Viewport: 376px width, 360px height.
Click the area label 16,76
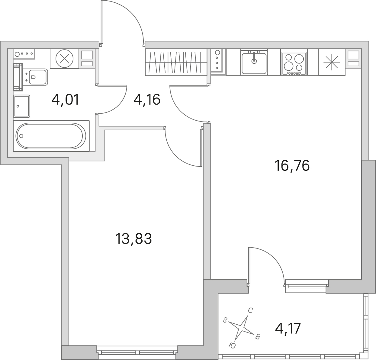pyautogui.click(x=292, y=166)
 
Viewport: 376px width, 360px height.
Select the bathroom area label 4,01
pyautogui.click(x=65, y=99)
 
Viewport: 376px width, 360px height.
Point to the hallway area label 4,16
pyautogui.click(x=147, y=99)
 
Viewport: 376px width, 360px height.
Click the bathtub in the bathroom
pyautogui.click(x=51, y=136)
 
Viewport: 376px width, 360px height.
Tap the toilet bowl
pyautogui.click(x=38, y=77)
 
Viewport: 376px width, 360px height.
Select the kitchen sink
pyautogui.click(x=254, y=62)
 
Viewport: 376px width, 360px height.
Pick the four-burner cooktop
pyautogui.click(x=294, y=63)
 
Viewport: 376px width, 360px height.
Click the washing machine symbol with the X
pyautogui.click(x=64, y=58)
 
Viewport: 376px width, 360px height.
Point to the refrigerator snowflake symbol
pyautogui.click(x=332, y=62)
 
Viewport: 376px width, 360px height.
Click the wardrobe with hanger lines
pyautogui.click(x=176, y=62)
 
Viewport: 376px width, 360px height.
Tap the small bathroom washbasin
pyautogui.click(x=22, y=106)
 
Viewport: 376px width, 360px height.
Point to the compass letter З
pyautogui.click(x=225, y=320)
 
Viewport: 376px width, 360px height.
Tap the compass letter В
pyautogui.click(x=258, y=337)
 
